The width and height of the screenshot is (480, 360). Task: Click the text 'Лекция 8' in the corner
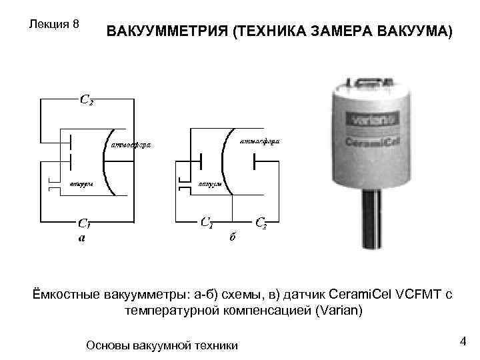55,24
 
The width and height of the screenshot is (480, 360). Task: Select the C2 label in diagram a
87,101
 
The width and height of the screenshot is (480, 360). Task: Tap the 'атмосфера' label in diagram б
260,141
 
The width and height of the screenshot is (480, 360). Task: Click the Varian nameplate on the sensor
373,121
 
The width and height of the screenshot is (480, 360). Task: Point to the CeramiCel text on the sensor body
372,141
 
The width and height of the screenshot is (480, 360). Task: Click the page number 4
461,342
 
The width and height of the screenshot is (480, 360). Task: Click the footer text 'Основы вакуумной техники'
163,345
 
